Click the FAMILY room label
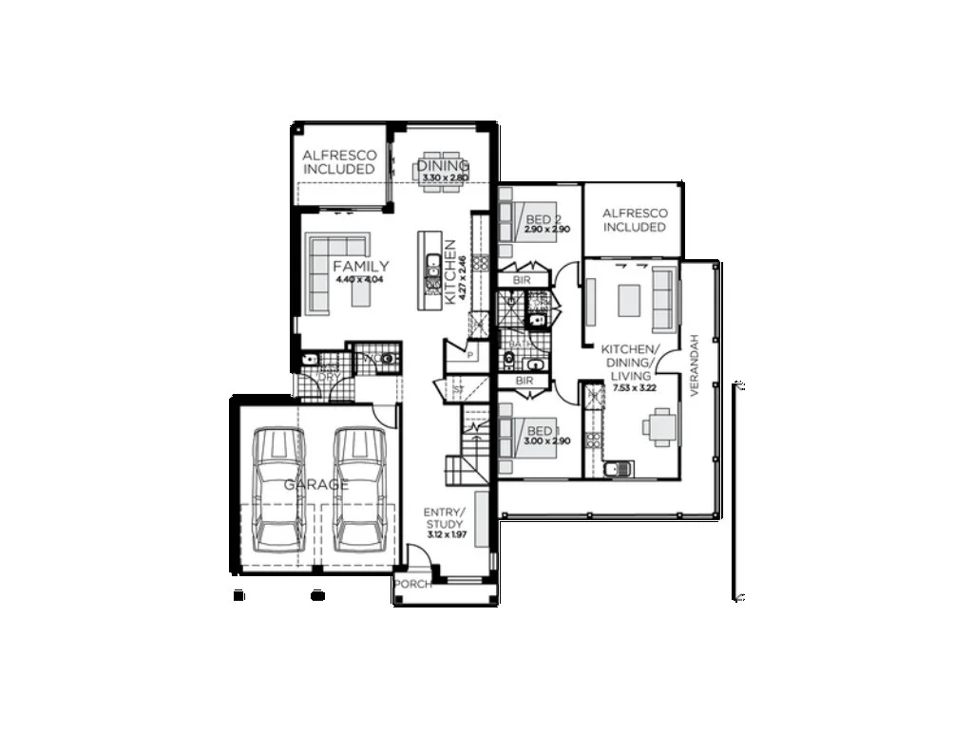[x=360, y=267]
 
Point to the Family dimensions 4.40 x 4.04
[x=360, y=279]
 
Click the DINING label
[x=444, y=167]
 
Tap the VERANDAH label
[x=695, y=364]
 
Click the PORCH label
[x=412, y=584]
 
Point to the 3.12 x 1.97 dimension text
[x=443, y=535]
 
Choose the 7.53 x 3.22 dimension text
[x=636, y=388]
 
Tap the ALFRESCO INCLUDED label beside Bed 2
[x=634, y=220]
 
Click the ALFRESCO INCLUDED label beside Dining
[x=339, y=161]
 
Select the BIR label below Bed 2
[x=522, y=280]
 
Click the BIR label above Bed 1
[x=522, y=382]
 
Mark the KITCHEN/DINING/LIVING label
[x=628, y=363]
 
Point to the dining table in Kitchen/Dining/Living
[x=660, y=426]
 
